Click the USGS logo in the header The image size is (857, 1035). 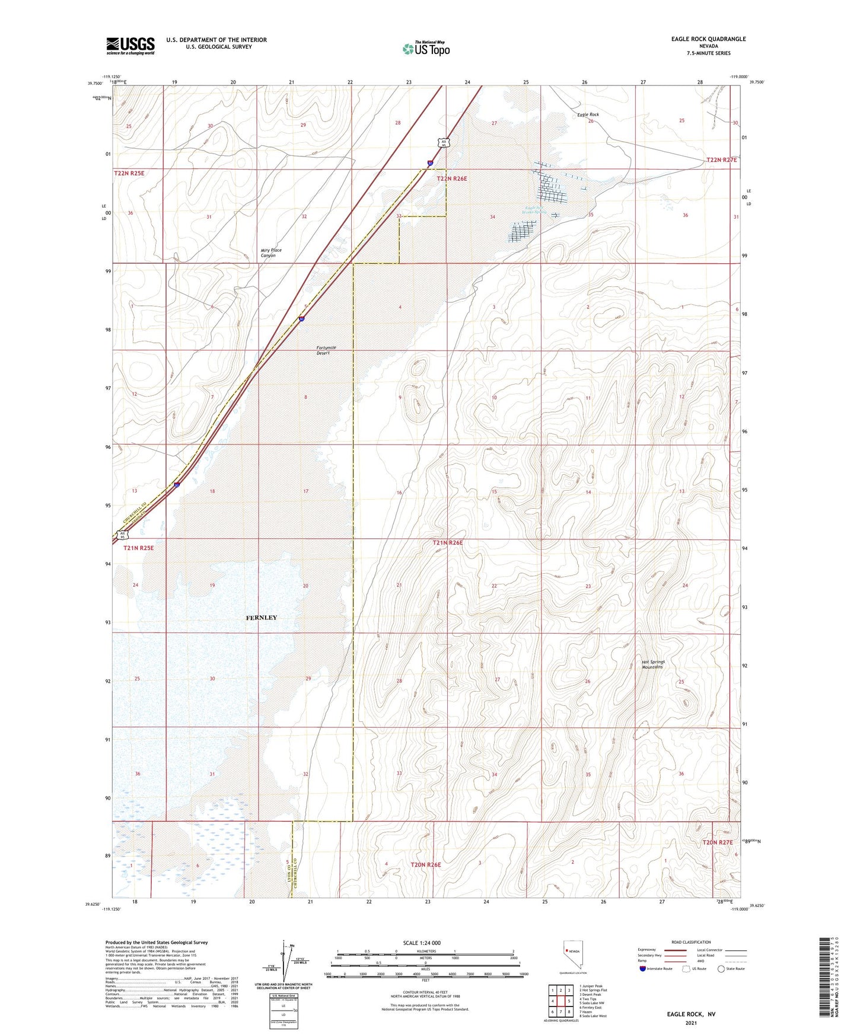click(130, 46)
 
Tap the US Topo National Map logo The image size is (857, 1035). click(425, 49)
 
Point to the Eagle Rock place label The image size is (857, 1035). click(588, 114)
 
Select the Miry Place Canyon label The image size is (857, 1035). click(270, 253)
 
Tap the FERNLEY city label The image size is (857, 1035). click(261, 618)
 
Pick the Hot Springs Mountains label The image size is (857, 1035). click(653, 664)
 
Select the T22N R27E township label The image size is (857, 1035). click(721, 160)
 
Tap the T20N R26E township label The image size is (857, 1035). click(426, 864)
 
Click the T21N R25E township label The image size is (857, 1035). click(138, 548)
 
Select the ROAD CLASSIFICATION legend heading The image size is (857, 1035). click(691, 942)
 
